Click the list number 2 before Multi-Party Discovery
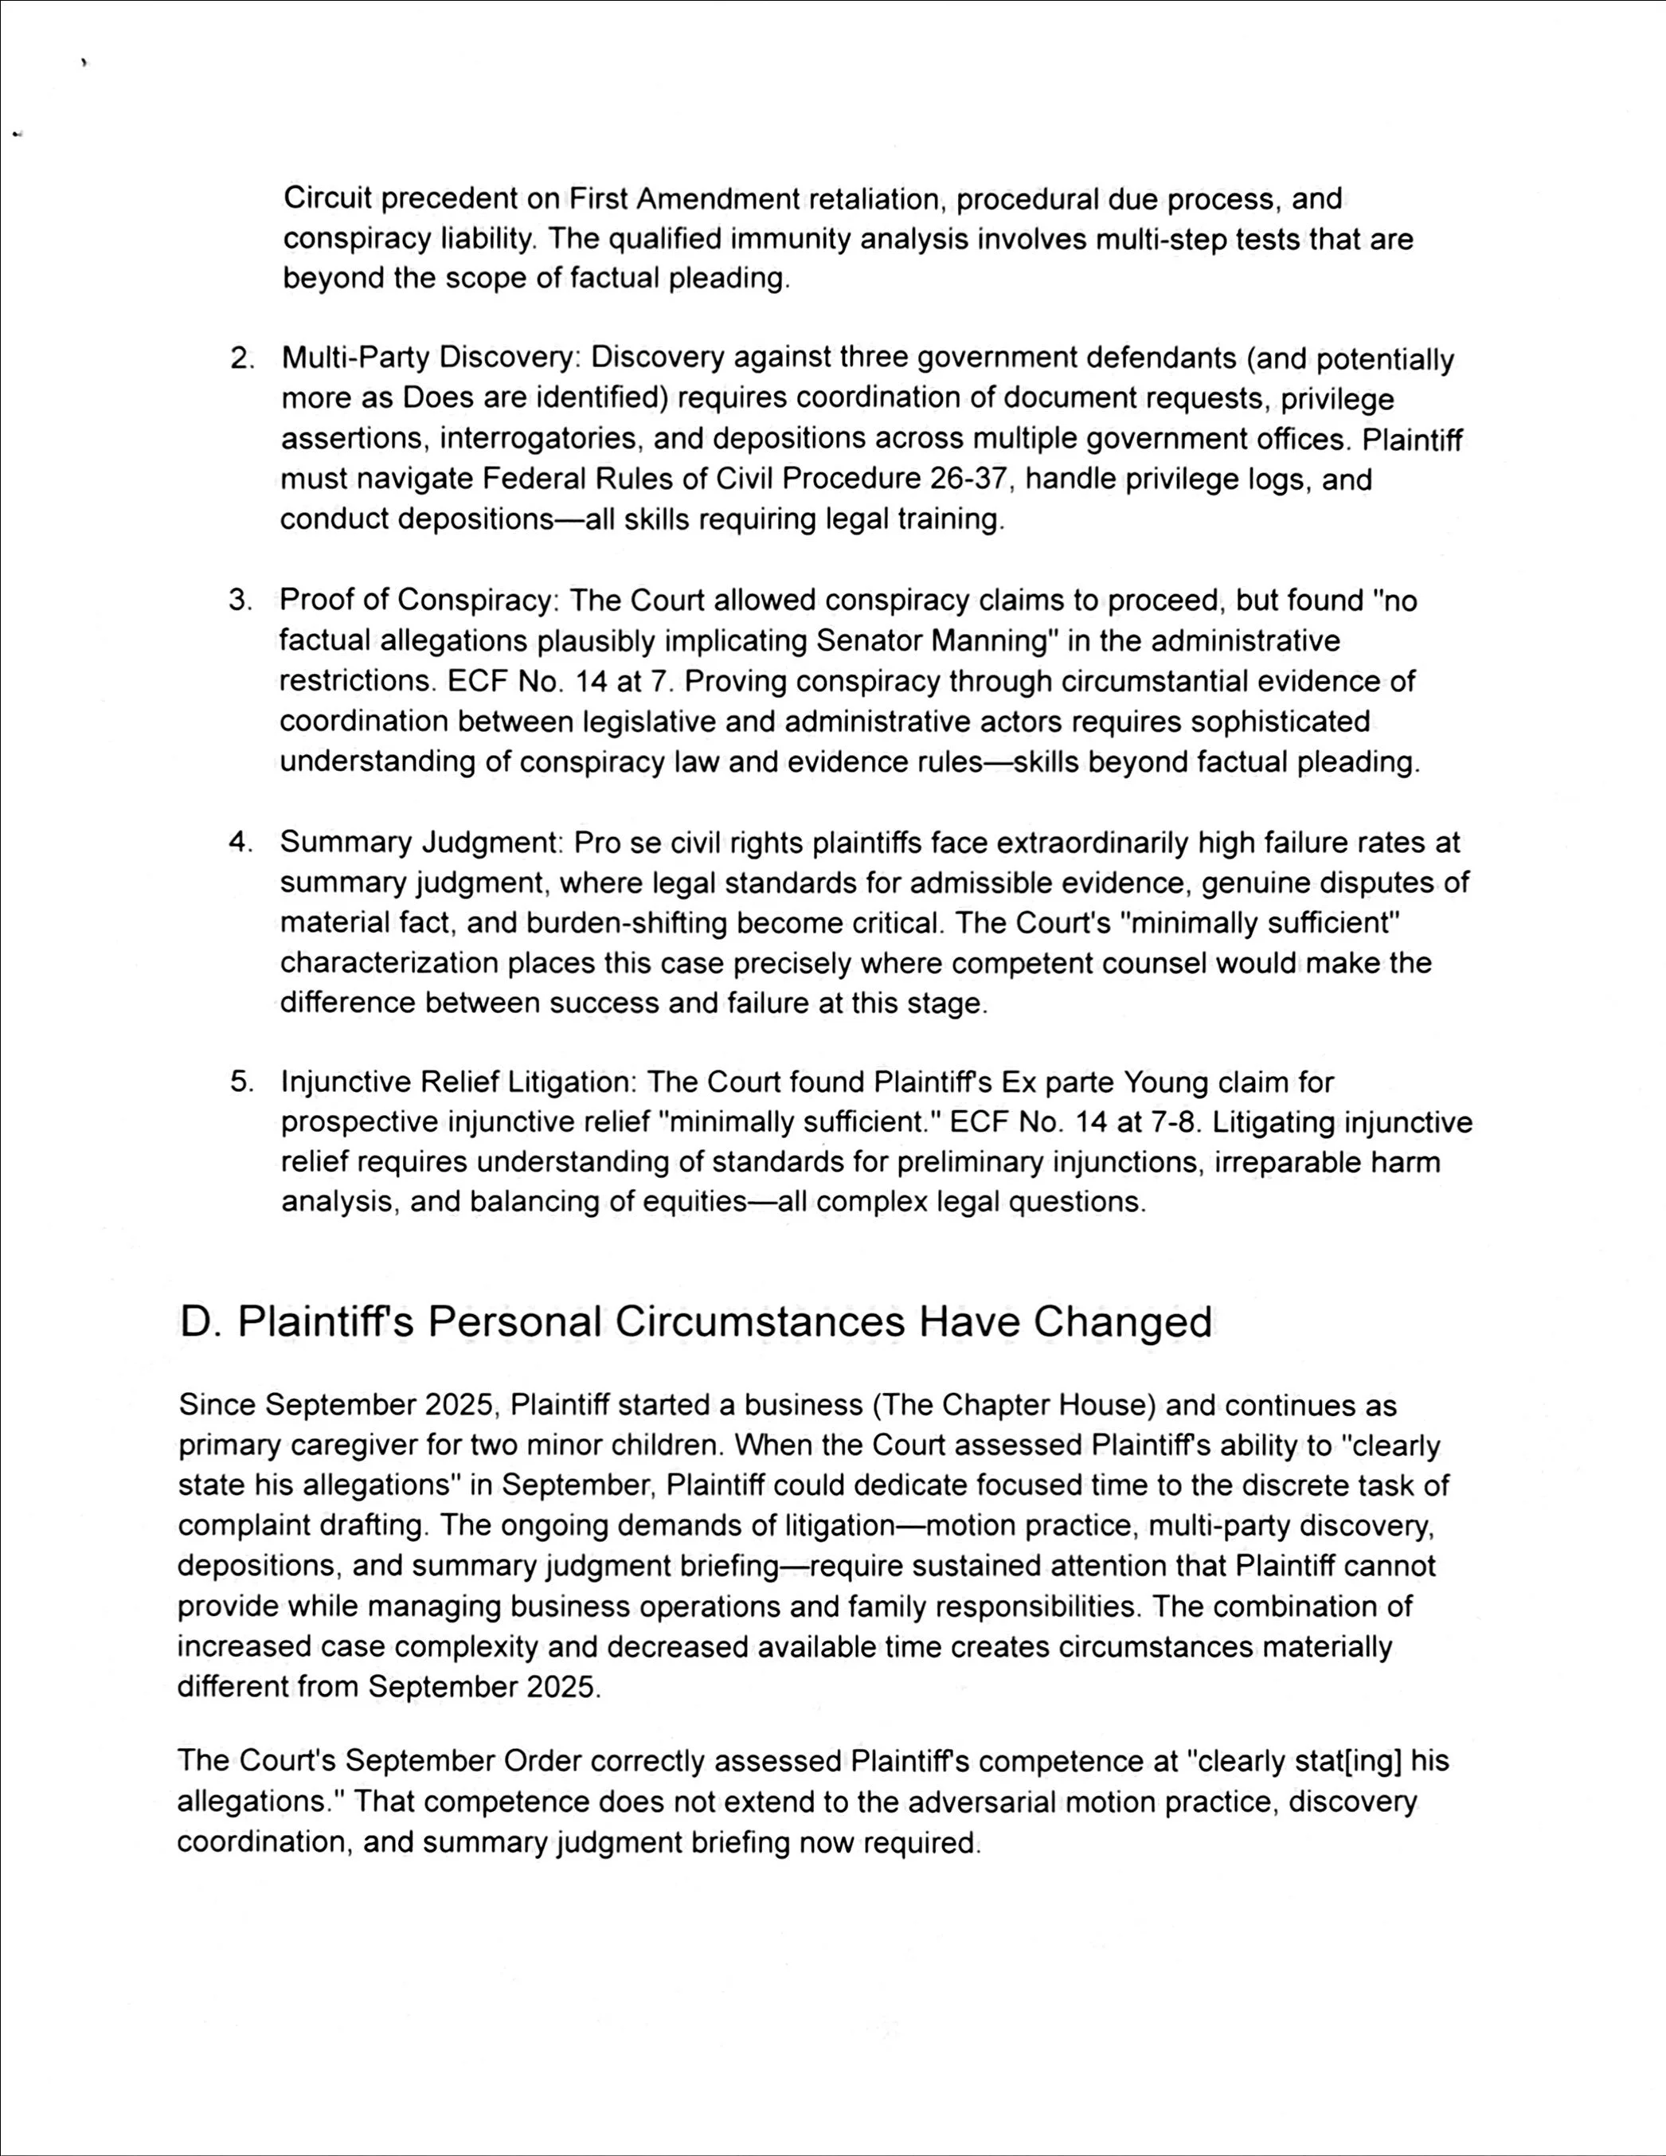[240, 359]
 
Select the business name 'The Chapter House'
[1009, 1405]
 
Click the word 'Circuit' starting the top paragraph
[327, 198]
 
